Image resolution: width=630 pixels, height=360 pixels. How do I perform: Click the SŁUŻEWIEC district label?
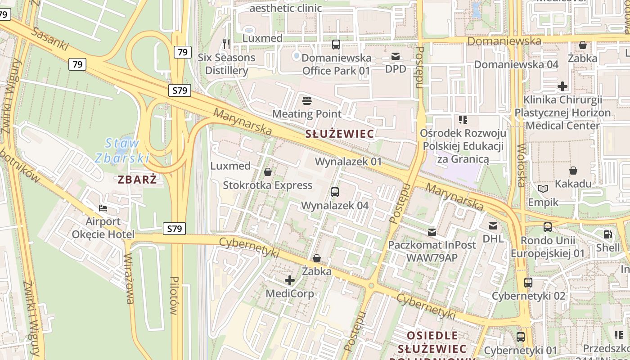[x=339, y=134]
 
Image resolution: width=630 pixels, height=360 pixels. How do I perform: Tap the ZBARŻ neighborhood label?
[x=137, y=180]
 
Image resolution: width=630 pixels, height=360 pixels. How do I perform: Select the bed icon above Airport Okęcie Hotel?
[x=103, y=208]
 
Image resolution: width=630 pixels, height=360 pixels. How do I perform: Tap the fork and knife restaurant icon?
[x=226, y=44]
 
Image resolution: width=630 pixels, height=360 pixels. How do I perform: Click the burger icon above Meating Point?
[x=307, y=100]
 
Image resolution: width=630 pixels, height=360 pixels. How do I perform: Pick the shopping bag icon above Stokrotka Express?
[x=268, y=172]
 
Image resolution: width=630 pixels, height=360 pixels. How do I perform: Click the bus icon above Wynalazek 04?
[x=334, y=192]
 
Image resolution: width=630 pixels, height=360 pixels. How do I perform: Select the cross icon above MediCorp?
[x=290, y=280]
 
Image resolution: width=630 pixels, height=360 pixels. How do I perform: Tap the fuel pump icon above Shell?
[x=607, y=234]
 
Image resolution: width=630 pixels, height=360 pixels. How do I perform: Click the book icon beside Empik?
[x=543, y=189]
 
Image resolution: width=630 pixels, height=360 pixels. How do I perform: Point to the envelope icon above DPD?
[x=395, y=56]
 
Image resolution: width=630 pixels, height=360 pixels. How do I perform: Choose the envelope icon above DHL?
[x=493, y=225]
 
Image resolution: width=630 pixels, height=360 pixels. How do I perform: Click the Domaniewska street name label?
[x=504, y=41]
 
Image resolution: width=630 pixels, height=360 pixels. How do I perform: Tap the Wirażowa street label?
[x=129, y=279]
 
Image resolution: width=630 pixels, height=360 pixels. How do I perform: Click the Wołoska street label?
[x=521, y=165]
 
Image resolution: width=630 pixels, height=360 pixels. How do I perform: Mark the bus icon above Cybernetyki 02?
[x=528, y=283]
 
